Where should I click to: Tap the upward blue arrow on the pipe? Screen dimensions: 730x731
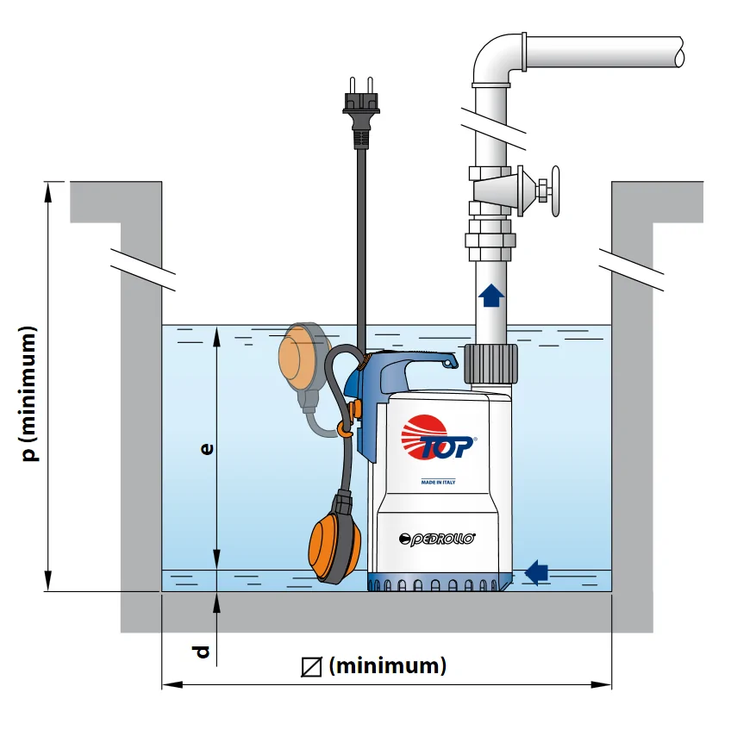(x=491, y=296)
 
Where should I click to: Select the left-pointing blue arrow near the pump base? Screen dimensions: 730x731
(x=536, y=571)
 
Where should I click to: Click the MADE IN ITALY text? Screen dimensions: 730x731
(x=437, y=482)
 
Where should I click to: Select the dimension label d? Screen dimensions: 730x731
(x=202, y=652)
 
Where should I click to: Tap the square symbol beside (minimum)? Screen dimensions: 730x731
(x=311, y=666)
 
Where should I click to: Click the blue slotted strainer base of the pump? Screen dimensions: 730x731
(x=435, y=583)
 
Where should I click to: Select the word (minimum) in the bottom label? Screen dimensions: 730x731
(x=388, y=665)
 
